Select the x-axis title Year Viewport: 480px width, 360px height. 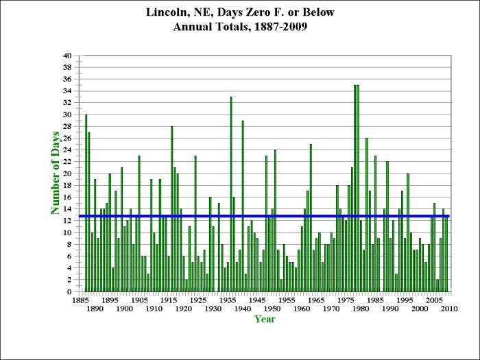[265, 319]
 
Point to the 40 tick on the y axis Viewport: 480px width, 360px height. [67, 56]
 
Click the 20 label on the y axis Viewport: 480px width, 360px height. [67, 173]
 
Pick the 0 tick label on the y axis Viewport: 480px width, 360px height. [69, 292]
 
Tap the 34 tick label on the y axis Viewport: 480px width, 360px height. [67, 91]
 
